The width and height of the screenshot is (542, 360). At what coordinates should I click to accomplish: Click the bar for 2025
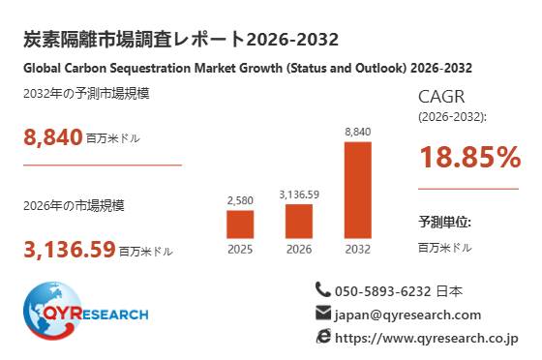240,225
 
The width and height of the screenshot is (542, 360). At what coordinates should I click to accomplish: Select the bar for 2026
299,221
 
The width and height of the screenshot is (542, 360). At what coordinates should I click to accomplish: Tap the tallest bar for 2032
358,190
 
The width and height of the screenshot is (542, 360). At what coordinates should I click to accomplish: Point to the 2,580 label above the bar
240,200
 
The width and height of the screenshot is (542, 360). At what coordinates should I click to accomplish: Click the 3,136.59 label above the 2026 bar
299,195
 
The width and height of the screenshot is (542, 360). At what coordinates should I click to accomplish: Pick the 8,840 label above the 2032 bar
358,132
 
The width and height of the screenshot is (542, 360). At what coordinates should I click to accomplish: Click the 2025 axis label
240,249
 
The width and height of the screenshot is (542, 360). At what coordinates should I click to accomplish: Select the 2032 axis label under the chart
358,249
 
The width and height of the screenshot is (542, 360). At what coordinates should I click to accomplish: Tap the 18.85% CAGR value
470,157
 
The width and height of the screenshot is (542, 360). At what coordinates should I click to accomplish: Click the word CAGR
441,97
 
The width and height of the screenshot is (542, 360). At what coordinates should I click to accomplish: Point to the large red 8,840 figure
53,137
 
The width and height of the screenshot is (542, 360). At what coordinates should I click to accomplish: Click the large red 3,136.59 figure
70,249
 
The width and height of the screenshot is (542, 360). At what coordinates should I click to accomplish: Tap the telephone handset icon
323,289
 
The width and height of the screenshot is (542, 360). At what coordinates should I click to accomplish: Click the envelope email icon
323,313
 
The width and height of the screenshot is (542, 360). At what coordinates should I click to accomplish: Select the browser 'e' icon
323,336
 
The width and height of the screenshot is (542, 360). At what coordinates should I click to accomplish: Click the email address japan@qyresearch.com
407,315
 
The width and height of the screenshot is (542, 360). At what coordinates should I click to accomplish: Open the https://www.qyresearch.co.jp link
427,339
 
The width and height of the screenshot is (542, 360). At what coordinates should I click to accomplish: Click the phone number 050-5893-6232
382,291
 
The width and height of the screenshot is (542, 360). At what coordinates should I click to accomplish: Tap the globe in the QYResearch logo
53,311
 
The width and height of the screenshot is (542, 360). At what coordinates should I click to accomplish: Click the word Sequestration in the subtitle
150,68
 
